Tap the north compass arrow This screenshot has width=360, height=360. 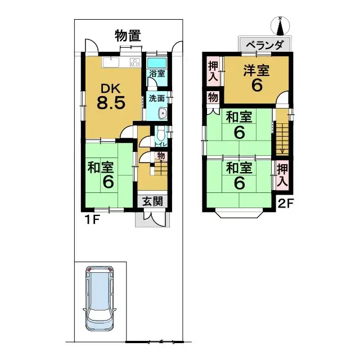pos(280,26)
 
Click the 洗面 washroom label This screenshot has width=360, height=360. pos(157,98)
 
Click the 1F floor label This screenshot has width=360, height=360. pos(93,219)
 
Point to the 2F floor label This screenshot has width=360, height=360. pos(286,203)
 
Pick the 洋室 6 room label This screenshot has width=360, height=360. pos(256,78)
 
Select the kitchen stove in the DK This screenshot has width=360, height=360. pos(135,61)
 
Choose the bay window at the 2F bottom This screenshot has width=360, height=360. pos(240,213)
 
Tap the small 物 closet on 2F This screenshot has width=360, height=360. pos(213,98)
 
